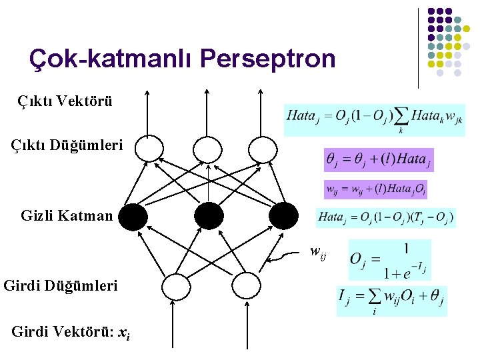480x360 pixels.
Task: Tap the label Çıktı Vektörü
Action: point(65,102)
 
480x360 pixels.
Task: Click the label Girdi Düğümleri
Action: point(61,286)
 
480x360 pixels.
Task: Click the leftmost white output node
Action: point(149,149)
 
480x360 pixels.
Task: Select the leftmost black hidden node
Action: point(133,215)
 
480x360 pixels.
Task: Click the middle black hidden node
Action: point(209,215)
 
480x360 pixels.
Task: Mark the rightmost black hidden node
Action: point(284,215)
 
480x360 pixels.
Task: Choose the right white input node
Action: point(246,286)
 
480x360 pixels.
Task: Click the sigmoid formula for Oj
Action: point(389,260)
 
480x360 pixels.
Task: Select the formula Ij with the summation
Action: point(391,301)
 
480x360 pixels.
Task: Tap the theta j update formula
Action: point(378,160)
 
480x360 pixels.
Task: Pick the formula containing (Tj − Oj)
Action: point(385,217)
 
